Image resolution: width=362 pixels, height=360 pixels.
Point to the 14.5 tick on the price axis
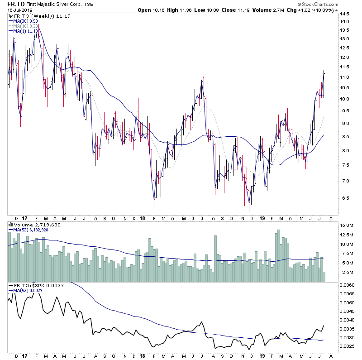pos(346,21)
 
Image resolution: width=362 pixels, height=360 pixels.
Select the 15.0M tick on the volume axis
pos(348,226)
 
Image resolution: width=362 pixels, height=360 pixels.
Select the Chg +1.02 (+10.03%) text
pos(314,10)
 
